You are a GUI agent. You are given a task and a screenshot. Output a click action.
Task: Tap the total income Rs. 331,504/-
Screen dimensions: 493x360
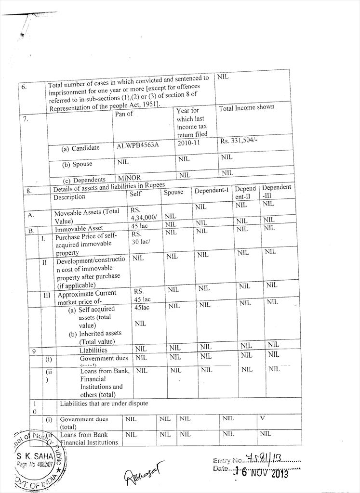(241, 142)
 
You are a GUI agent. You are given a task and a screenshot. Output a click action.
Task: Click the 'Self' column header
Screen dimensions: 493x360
(135, 194)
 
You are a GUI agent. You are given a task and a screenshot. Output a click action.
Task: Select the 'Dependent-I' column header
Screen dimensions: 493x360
(211, 190)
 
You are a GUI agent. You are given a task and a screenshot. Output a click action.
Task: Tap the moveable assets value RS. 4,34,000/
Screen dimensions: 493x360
(143, 214)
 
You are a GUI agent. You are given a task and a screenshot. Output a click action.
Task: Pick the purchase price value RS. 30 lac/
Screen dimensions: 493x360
(141, 238)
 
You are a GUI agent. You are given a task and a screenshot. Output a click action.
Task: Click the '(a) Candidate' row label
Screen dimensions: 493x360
(80, 148)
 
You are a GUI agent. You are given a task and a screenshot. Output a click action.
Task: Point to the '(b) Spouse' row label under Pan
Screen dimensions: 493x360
(77, 164)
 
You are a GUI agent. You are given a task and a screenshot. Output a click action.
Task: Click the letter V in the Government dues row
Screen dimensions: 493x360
(262, 418)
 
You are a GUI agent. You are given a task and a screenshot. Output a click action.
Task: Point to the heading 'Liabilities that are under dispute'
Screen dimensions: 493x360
(104, 403)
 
